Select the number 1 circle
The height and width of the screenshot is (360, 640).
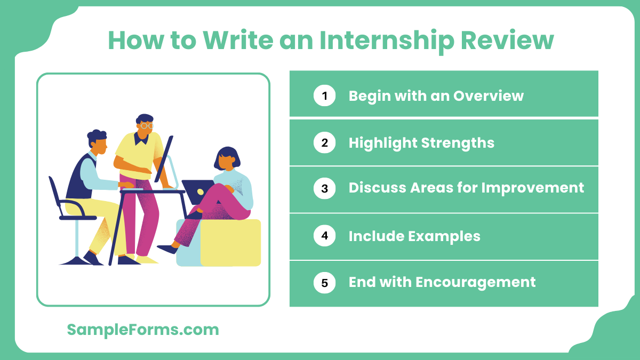click(324, 95)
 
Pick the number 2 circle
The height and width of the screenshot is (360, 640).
click(324, 142)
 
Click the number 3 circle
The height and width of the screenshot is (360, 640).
click(324, 188)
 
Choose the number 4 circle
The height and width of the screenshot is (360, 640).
click(324, 236)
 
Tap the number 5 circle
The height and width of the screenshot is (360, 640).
click(324, 282)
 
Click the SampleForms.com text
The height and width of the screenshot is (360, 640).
click(143, 330)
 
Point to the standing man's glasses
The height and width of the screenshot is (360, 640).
click(147, 126)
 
